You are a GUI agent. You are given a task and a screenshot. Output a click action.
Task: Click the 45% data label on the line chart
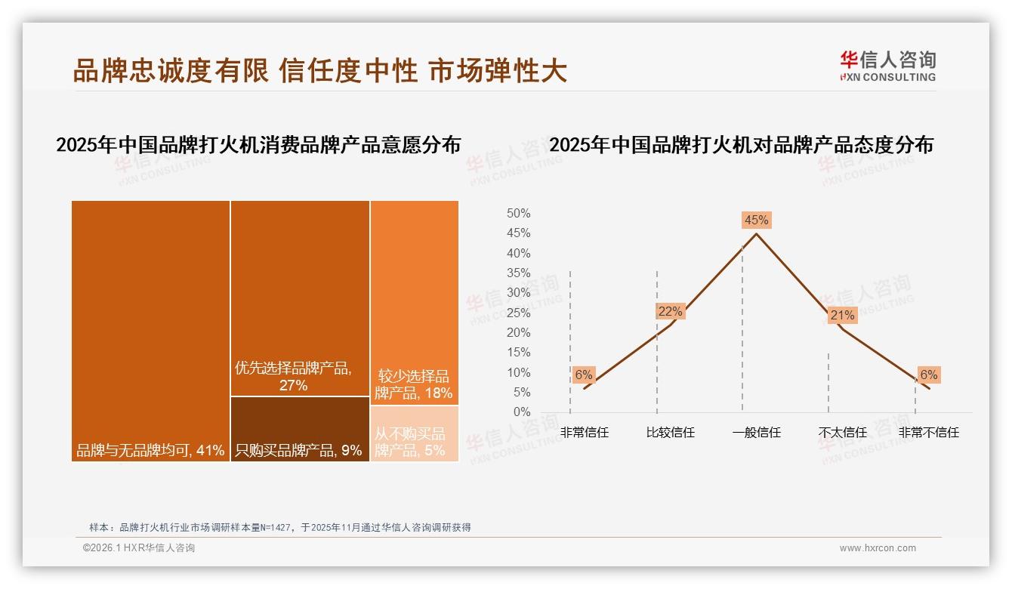756,220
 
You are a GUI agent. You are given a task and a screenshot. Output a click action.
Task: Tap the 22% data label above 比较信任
670,311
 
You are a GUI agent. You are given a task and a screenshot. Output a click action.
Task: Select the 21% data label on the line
842,316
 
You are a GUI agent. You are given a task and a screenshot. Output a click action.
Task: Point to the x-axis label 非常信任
584,433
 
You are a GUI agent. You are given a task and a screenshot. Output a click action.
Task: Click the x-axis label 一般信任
756,433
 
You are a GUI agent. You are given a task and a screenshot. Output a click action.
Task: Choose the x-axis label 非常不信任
928,433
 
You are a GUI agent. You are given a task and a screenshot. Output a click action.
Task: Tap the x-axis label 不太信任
842,433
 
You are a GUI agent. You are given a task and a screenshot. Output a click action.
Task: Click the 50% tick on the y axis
518,214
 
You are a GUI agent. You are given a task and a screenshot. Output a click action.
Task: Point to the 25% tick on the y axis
518,313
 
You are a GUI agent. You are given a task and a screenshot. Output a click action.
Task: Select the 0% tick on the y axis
521,412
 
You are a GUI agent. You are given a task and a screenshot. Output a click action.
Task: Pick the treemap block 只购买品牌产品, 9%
300,429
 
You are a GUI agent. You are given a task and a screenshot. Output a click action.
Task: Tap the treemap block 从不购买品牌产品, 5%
414,434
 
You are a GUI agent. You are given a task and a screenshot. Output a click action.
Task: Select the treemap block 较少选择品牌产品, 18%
414,302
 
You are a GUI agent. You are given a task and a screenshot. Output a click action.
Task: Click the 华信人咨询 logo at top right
887,65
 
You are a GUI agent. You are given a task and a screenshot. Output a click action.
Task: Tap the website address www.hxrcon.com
878,548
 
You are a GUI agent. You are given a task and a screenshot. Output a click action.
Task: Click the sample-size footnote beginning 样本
279,527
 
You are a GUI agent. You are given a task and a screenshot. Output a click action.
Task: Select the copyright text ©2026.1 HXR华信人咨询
139,548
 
